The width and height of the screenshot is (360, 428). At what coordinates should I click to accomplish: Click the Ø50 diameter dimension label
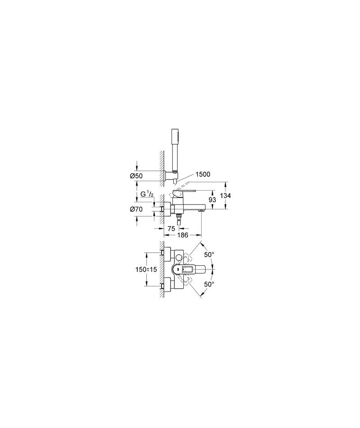(136, 176)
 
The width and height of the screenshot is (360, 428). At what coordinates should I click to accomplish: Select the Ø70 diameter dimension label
(136, 209)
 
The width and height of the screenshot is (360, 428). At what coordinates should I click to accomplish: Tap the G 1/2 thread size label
(147, 194)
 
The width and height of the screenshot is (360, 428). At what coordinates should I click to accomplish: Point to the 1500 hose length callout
(202, 174)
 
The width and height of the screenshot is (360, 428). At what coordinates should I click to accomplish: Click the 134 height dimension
(225, 196)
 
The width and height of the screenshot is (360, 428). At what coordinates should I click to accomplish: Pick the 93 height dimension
(212, 200)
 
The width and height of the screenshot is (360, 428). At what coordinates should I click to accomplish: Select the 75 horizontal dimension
(171, 229)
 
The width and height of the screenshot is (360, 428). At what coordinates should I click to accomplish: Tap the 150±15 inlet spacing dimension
(146, 269)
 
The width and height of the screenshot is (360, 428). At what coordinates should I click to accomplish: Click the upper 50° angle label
(209, 255)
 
